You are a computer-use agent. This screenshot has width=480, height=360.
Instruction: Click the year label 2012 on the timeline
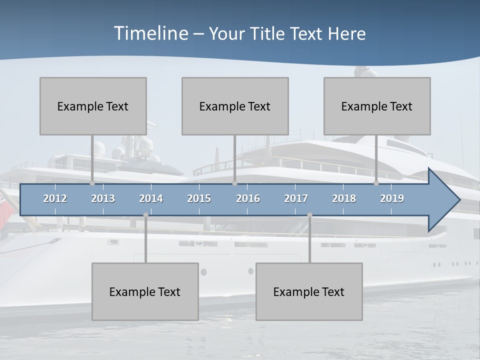pos(55,198)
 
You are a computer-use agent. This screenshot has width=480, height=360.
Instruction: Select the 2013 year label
pos(103,198)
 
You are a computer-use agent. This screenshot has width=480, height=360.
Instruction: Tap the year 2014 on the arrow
pos(151,198)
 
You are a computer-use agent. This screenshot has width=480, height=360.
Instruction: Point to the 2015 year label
pos(199,198)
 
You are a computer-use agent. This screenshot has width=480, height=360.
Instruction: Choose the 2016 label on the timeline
pos(248,198)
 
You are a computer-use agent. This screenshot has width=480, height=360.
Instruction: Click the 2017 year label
pos(296,198)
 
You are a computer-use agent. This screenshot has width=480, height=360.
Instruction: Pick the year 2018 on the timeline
pos(344,198)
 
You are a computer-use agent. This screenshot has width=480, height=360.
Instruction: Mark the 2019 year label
pos(392,198)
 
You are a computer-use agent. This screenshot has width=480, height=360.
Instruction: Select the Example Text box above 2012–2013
pos(93,106)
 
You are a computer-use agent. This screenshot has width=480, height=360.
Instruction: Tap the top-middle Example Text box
pos(235,106)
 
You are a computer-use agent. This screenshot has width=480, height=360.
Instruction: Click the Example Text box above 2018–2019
pos(377,106)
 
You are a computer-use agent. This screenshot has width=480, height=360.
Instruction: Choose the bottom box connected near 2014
pos(145,291)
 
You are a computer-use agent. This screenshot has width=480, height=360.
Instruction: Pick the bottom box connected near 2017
pos(309,291)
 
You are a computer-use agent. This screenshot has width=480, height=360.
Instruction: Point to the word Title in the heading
pos(268,34)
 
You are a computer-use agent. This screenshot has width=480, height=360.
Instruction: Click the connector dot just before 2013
pos(92,183)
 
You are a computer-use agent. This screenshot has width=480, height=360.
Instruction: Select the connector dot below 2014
pos(145,215)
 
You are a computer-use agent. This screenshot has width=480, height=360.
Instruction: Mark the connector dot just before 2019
pos(376,183)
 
